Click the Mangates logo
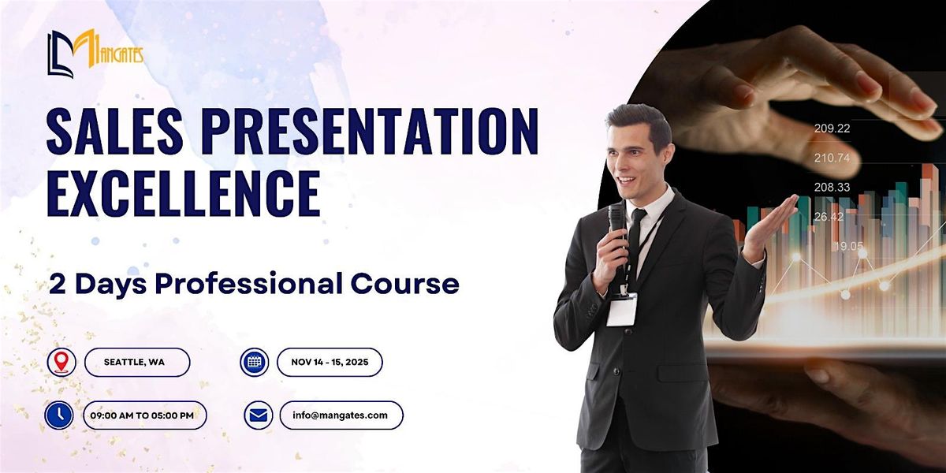pos(95,54)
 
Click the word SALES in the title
pos(115,132)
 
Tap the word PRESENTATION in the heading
pos(370,132)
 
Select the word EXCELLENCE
pos(183,193)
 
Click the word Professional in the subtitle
pos(249,283)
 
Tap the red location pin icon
pos(61,362)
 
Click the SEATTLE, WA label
pos(134,362)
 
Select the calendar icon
pos(254,362)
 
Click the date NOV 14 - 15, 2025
pos(330,362)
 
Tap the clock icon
pos(58,415)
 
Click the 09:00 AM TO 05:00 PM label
pos(142,415)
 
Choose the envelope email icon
pos(258,415)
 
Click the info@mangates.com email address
pos(340,415)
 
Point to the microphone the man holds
pos(617,236)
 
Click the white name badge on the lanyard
pos(622,310)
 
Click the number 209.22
pos(832,128)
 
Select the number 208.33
pos(832,187)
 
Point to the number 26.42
pos(829,217)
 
